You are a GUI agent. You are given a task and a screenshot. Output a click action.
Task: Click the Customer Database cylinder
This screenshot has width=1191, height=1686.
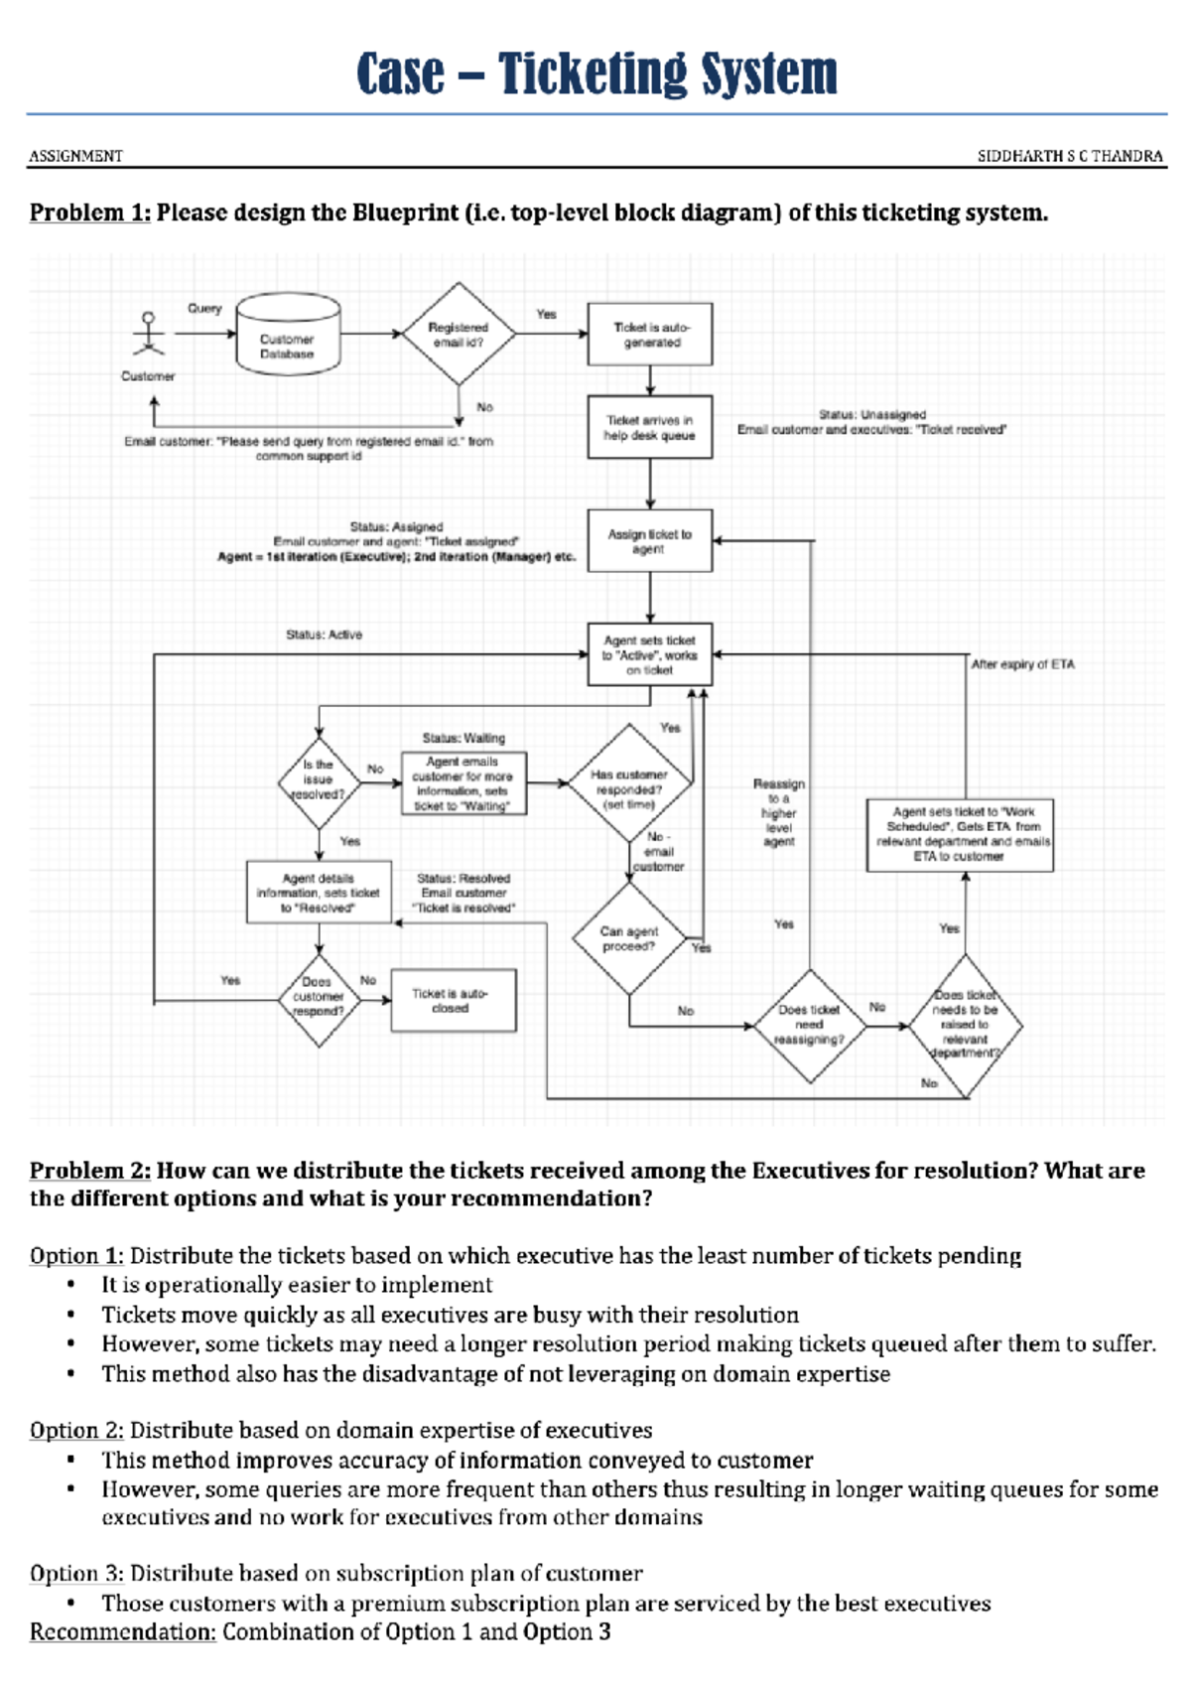pos(288,335)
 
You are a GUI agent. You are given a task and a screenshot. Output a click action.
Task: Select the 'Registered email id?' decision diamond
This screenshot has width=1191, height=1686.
pos(458,335)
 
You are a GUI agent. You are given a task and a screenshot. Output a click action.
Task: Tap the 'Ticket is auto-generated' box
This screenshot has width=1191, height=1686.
pos(650,335)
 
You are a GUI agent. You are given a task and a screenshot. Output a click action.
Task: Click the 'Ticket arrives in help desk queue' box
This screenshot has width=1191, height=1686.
pos(650,428)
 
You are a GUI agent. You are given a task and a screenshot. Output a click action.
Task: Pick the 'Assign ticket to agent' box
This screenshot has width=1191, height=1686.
pos(650,541)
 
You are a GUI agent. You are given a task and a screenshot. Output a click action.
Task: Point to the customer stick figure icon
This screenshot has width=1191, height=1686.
pos(149,335)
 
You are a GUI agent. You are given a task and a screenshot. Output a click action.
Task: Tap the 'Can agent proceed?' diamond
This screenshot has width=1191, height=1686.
pos(629,938)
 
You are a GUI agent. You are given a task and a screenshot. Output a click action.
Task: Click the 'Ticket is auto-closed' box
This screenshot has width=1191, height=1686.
pos(453,1000)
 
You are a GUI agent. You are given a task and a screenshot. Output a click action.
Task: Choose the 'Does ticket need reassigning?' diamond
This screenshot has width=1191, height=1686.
pos(810,1025)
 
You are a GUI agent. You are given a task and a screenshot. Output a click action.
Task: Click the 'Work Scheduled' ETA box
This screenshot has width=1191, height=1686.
pos(960,835)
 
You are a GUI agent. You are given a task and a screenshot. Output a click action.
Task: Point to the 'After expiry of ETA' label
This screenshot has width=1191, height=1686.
pos(1022,664)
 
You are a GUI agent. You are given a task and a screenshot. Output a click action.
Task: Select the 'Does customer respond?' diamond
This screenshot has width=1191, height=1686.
pos(319,997)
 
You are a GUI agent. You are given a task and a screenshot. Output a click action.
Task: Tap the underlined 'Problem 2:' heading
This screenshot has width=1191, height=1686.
pos(89,1171)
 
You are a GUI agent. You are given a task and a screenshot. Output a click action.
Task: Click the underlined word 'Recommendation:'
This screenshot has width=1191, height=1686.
pos(122,1632)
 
